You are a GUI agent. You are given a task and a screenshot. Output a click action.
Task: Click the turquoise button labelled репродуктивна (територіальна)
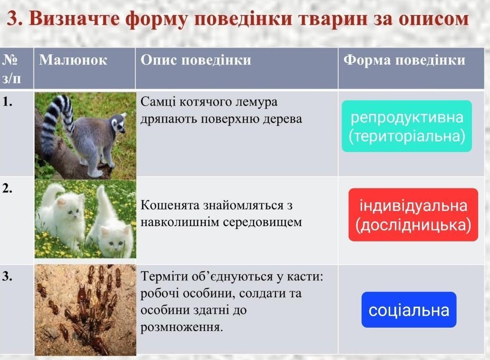click(x=407, y=126)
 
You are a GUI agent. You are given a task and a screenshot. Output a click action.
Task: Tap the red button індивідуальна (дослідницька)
click(x=413, y=215)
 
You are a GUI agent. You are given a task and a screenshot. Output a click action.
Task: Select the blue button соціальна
click(x=409, y=310)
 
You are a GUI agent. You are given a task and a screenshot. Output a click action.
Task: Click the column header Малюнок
click(x=73, y=60)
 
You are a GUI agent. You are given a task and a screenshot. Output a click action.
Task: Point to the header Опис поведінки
click(x=196, y=60)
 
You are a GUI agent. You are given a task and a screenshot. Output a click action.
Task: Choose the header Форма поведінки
click(x=404, y=60)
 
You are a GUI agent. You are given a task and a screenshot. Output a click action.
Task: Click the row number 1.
click(x=8, y=101)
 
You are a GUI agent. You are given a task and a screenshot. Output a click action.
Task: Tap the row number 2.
click(x=8, y=188)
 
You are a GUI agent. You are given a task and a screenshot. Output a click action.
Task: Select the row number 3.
click(x=8, y=276)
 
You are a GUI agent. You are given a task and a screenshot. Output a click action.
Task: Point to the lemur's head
click(x=118, y=124)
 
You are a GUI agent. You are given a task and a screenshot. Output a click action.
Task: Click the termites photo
click(x=85, y=310)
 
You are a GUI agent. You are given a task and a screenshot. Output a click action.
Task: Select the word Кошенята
click(x=170, y=205)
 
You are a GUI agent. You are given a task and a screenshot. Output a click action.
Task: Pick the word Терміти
click(x=162, y=277)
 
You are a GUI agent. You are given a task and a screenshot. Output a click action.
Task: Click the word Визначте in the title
click(x=74, y=19)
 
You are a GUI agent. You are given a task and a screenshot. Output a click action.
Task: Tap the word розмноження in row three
click(x=182, y=328)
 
